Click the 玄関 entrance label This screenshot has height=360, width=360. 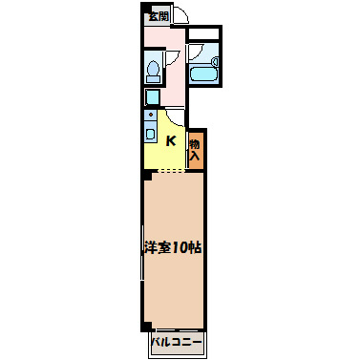point(158,15)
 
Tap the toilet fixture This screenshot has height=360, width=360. point(153,72)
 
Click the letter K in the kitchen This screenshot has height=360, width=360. point(171,141)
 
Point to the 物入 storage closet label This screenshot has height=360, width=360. point(195,147)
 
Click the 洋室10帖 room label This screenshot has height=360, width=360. point(173,247)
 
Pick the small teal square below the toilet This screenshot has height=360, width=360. point(152,96)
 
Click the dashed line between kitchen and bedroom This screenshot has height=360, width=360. point(168,171)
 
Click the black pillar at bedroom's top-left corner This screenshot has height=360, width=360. point(146,174)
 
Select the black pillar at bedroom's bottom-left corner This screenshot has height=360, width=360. point(146,326)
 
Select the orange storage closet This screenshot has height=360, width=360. point(195,148)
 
